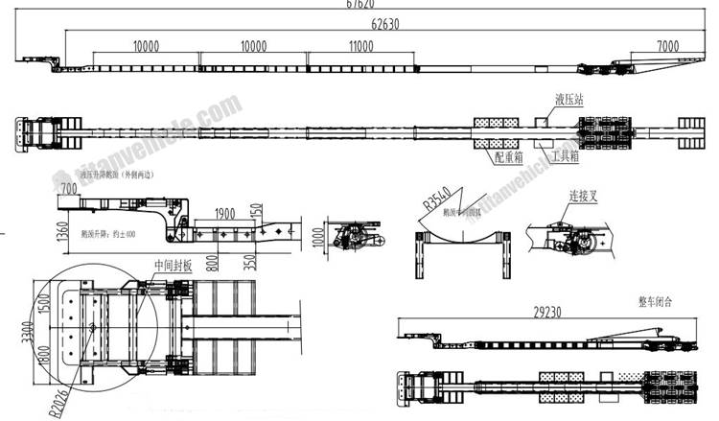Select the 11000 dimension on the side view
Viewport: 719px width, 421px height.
pyautogui.click(x=360, y=46)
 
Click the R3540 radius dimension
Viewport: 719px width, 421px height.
pyautogui.click(x=437, y=200)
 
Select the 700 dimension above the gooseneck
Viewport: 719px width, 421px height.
pyautogui.click(x=69, y=188)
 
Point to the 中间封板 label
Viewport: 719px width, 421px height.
pyautogui.click(x=174, y=268)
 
